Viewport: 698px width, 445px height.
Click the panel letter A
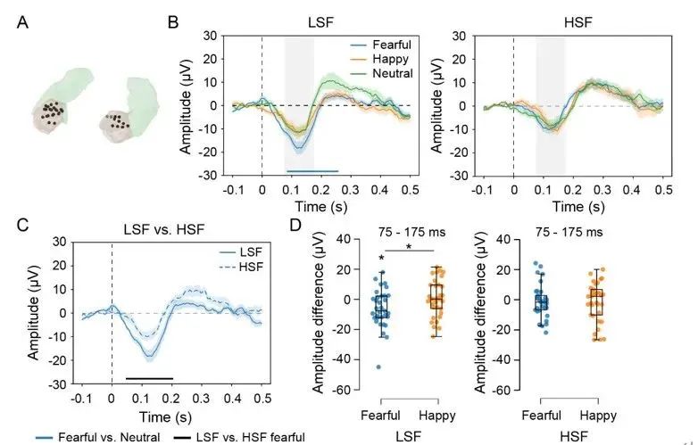click(x=25, y=20)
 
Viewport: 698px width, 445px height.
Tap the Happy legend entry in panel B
click(x=386, y=57)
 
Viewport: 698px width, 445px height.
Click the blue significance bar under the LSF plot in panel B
click(x=312, y=170)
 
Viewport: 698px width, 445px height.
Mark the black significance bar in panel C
click(x=148, y=378)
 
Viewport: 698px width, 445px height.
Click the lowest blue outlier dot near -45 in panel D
click(x=378, y=367)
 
